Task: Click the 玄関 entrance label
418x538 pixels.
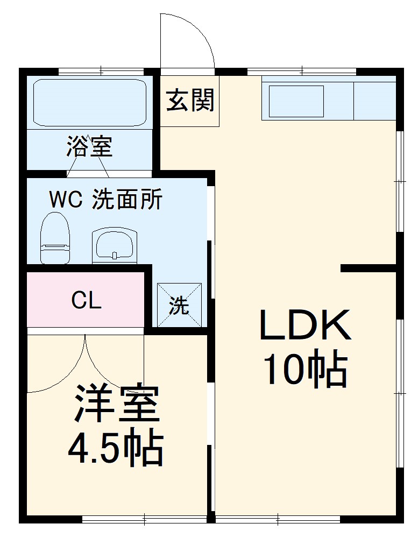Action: click(x=190, y=101)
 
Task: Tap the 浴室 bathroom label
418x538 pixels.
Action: click(x=90, y=146)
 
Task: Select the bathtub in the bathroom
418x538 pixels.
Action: click(x=90, y=103)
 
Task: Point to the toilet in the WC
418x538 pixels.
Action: click(x=55, y=238)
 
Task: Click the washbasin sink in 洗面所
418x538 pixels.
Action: click(x=115, y=245)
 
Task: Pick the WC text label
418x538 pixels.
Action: click(x=66, y=200)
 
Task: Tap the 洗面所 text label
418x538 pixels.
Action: click(x=127, y=200)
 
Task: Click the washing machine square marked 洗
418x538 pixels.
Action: click(x=179, y=305)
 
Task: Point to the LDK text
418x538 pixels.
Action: click(x=305, y=326)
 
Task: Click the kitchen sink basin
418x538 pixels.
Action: click(x=296, y=102)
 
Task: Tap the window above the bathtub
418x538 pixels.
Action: click(x=101, y=72)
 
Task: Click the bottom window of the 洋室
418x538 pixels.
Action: click(x=144, y=519)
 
